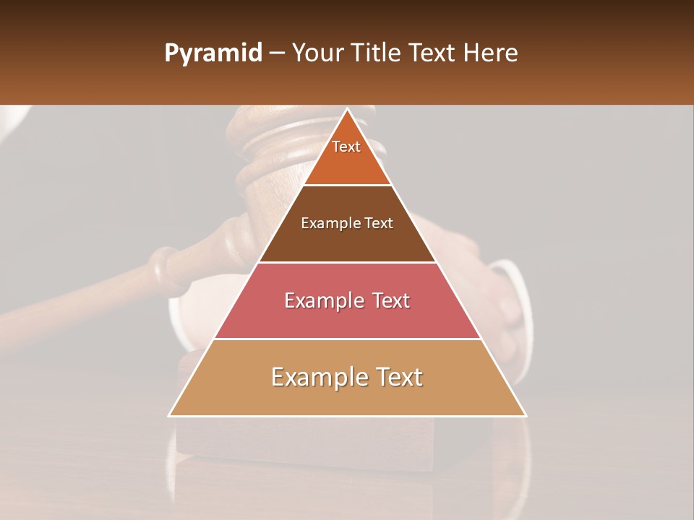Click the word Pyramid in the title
click(213, 53)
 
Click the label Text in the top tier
click(346, 147)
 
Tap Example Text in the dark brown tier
click(347, 223)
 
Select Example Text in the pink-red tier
click(347, 300)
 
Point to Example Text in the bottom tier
click(347, 377)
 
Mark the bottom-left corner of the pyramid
click(170, 415)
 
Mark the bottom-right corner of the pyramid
click(525, 415)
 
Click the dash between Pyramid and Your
click(277, 53)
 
